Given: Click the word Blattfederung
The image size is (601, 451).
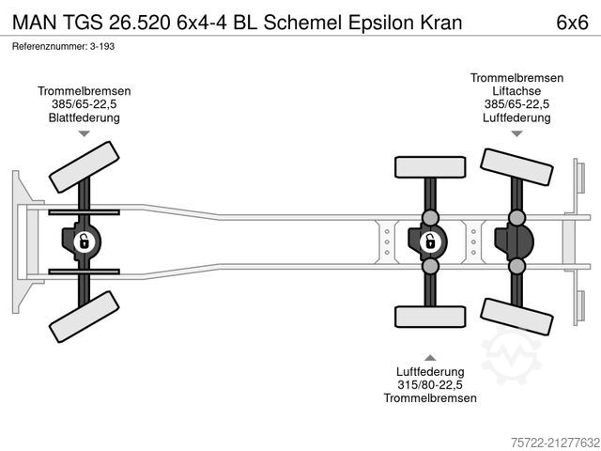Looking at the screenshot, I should click(85, 117).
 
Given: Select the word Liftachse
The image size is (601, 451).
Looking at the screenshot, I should click(516, 91).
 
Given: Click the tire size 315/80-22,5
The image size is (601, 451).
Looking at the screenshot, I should click(430, 384).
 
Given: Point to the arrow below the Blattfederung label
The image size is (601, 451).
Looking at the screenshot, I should click(85, 134).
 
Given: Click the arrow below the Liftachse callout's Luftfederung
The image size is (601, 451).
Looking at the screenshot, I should click(516, 134).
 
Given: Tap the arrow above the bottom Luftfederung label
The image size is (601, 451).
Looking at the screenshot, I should click(430, 357).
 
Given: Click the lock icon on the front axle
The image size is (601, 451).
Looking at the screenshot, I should click(84, 241).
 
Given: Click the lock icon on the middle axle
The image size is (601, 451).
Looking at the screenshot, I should click(429, 241).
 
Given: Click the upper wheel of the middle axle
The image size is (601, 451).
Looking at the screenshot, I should click(429, 167).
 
